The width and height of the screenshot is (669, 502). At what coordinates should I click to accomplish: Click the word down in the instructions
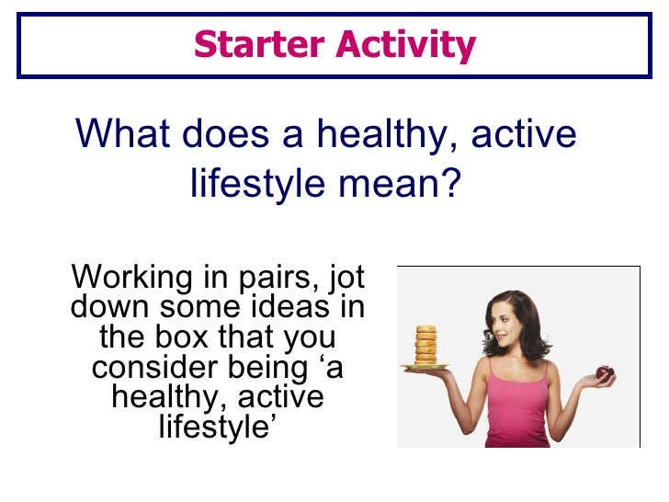pyautogui.click(x=104, y=306)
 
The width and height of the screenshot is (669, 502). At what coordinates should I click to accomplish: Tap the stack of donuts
pyautogui.click(x=426, y=345)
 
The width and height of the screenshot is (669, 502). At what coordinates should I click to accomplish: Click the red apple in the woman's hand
pyautogui.click(x=604, y=372)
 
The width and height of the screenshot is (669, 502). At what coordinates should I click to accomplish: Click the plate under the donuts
pyautogui.click(x=425, y=367)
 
